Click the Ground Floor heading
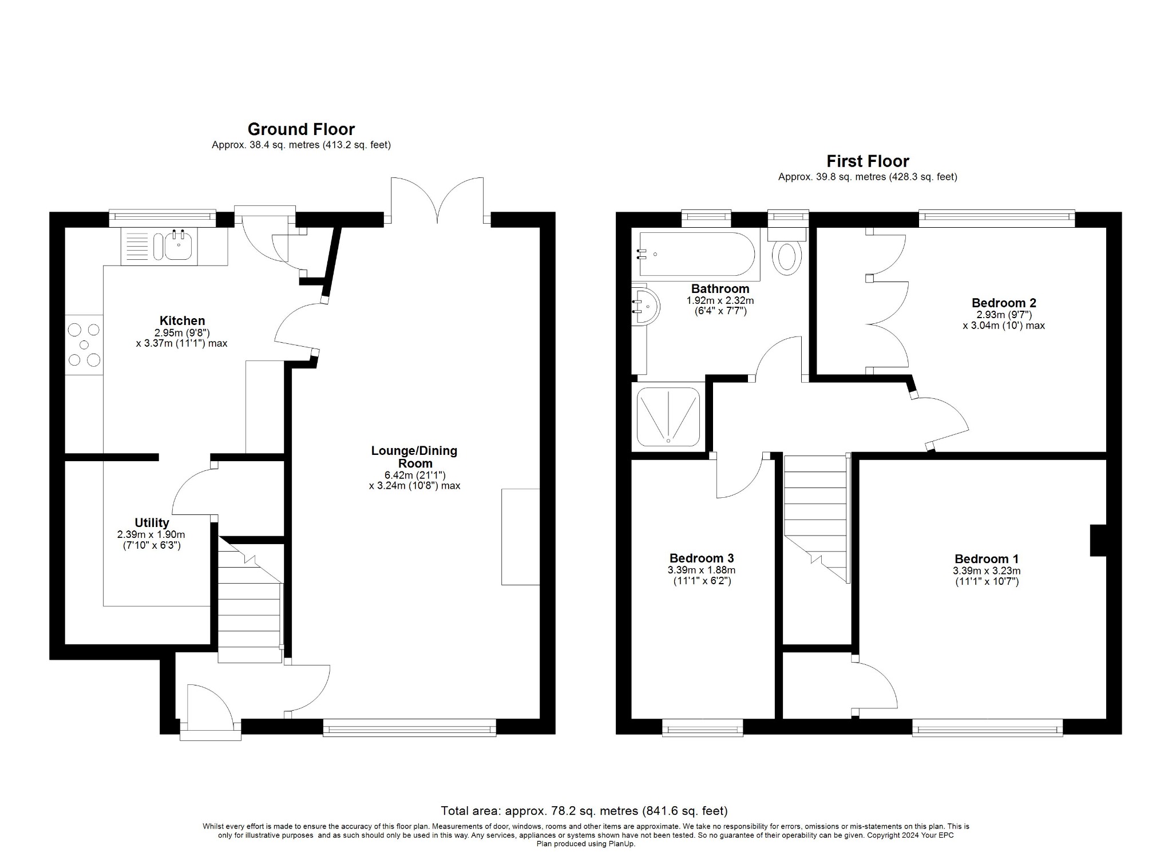(x=301, y=129)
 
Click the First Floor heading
(x=868, y=161)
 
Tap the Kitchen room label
(x=182, y=320)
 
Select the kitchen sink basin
(x=180, y=247)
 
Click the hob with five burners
(x=84, y=345)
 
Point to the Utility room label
(x=152, y=522)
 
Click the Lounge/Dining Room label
(x=414, y=457)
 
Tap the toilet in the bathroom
(x=787, y=256)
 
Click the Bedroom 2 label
(x=1004, y=303)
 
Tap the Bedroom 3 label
(x=702, y=558)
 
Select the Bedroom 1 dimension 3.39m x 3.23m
(x=987, y=570)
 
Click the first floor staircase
(x=815, y=515)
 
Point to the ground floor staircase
(x=250, y=607)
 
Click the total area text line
(x=584, y=811)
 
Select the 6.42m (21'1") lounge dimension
(x=415, y=475)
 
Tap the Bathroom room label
(x=720, y=288)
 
